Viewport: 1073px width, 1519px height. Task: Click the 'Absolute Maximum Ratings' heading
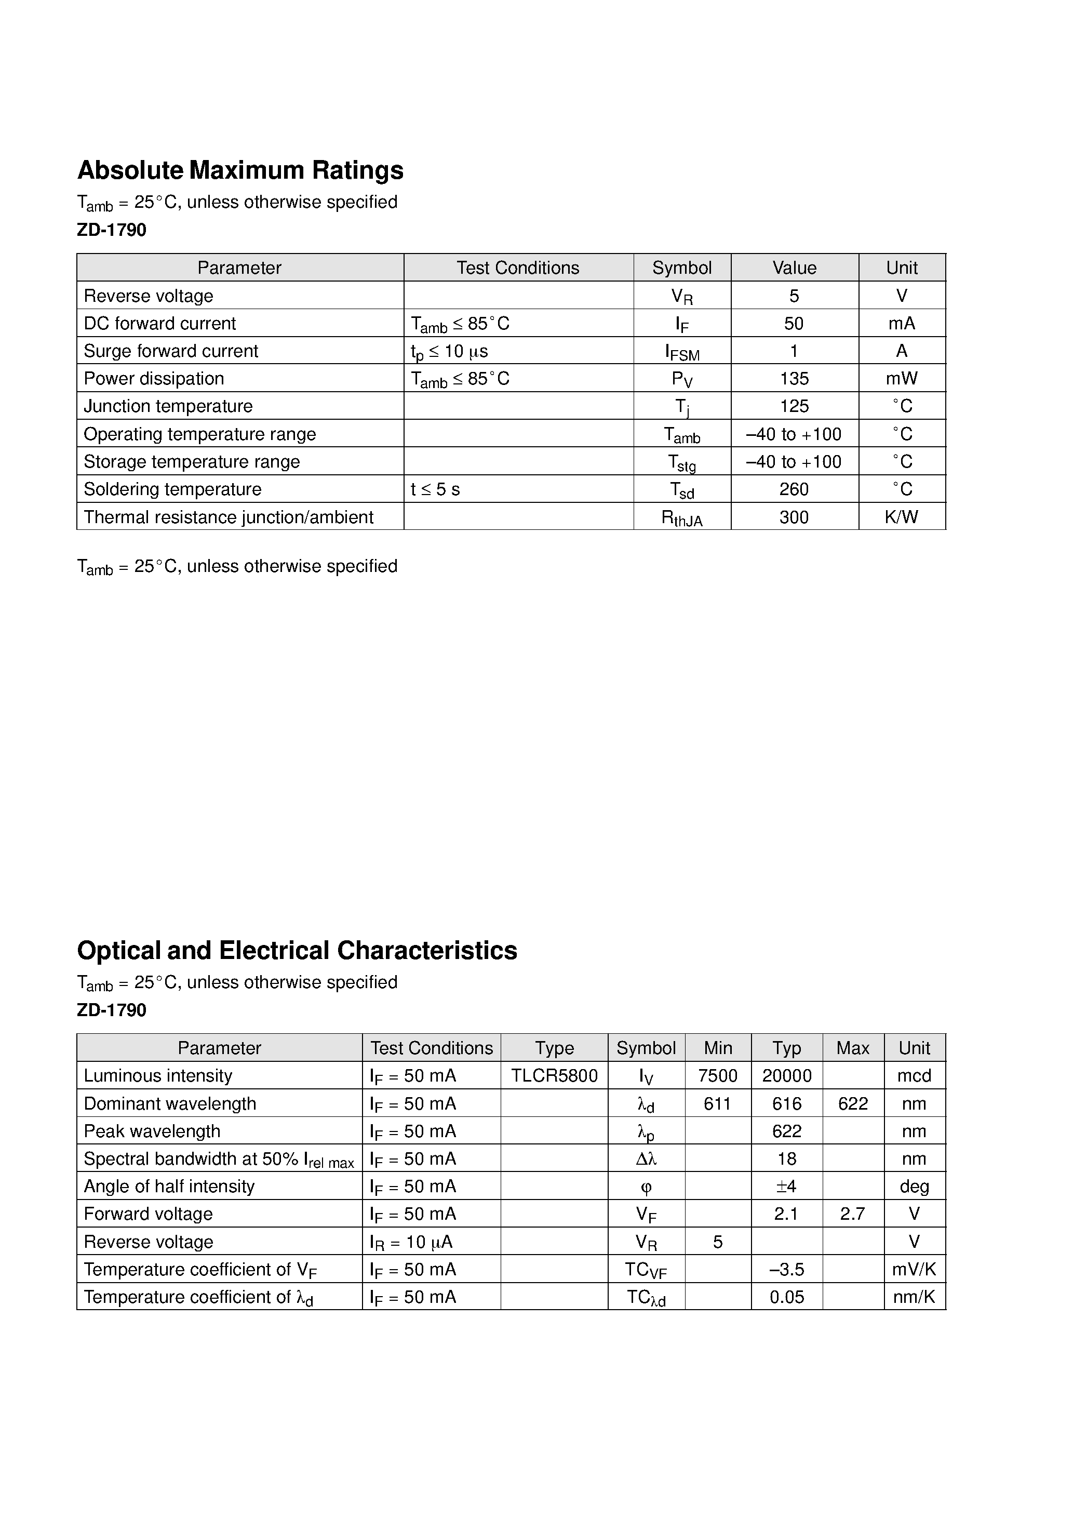click(x=240, y=170)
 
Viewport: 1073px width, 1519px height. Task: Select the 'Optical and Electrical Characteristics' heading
click(x=297, y=950)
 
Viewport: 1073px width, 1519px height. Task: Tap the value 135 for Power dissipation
click(x=794, y=378)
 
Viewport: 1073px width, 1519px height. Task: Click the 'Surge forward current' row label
click(x=171, y=351)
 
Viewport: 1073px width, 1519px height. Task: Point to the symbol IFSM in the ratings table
click(x=682, y=352)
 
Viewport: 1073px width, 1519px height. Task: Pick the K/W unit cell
click(x=901, y=517)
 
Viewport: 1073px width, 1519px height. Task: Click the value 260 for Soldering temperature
click(x=794, y=489)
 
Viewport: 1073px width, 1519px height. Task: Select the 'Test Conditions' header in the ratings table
click(x=517, y=268)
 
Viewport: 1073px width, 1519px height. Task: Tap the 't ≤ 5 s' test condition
click(x=435, y=489)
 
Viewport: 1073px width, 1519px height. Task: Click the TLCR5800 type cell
click(x=554, y=1076)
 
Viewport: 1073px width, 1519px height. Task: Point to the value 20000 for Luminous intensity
click(x=786, y=1076)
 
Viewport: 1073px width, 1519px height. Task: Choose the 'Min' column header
click(x=718, y=1048)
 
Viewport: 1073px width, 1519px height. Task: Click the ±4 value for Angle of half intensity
click(x=786, y=1186)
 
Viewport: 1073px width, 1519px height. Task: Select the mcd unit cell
click(x=914, y=1076)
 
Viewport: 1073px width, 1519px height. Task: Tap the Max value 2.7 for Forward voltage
click(x=852, y=1214)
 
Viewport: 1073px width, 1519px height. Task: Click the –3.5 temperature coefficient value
click(x=786, y=1270)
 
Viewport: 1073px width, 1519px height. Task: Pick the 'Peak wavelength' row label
click(x=152, y=1131)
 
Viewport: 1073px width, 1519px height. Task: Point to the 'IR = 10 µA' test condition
click(x=411, y=1242)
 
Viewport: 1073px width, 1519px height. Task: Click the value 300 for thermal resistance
click(x=794, y=517)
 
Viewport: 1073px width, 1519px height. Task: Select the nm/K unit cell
click(x=914, y=1297)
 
